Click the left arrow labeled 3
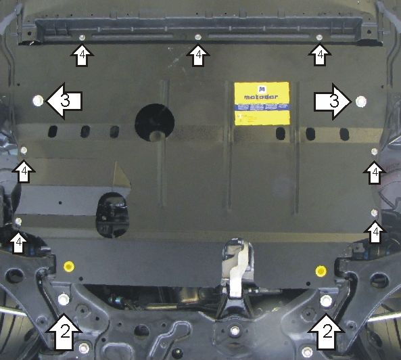click(x=64, y=101)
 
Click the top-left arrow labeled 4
click(x=81, y=55)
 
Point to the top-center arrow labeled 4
click(x=197, y=55)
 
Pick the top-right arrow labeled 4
click(x=319, y=55)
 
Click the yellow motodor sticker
click(x=261, y=103)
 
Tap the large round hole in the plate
click(x=154, y=122)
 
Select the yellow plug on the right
click(x=321, y=272)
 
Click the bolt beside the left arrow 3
click(x=37, y=101)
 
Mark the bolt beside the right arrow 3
click(x=360, y=102)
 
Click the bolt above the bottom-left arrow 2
click(x=64, y=299)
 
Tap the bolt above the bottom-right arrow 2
click(x=327, y=300)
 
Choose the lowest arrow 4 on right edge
click(x=375, y=233)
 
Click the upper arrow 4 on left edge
click(x=24, y=171)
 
